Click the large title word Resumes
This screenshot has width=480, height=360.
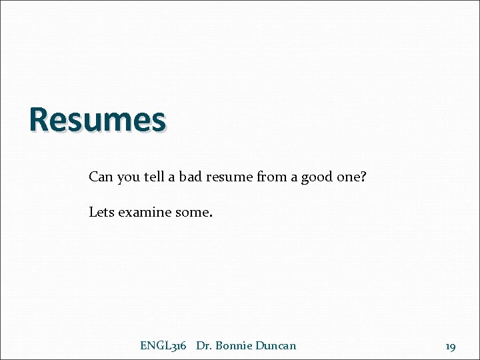tap(97, 121)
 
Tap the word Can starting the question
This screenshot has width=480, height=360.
tap(101, 177)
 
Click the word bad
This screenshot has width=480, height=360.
tap(191, 177)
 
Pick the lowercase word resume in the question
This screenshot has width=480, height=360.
tap(227, 178)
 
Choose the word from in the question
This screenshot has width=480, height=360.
tap(266, 177)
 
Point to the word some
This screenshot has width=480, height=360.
tap(193, 213)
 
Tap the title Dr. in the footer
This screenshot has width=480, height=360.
tap(204, 345)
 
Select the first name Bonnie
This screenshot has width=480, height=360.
tap(233, 345)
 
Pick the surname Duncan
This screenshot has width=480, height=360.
tap(275, 345)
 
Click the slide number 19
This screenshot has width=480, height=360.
tap(451, 346)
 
